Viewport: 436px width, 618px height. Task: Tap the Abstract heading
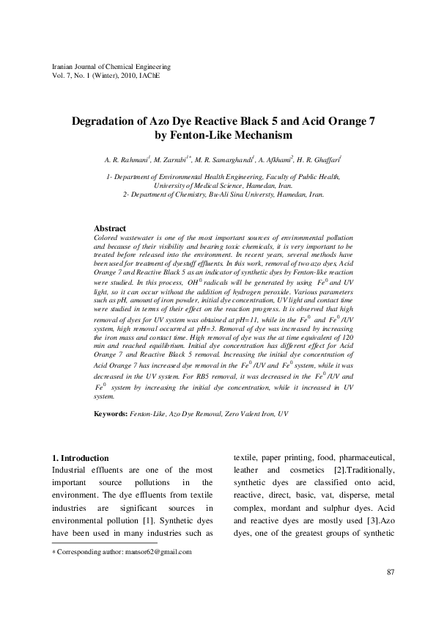tap(111, 229)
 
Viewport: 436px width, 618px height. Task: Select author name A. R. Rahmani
tap(125, 159)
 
